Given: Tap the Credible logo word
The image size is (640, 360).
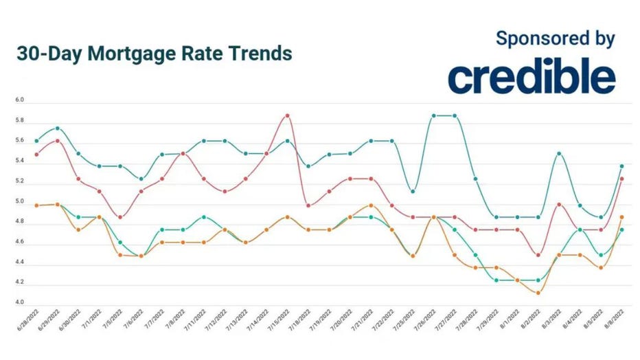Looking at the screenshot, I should (532, 78).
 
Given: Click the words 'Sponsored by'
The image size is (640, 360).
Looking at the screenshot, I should (555, 38).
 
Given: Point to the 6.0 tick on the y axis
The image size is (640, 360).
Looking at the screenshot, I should (19, 100).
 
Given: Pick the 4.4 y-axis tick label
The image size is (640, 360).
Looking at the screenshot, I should (19, 262).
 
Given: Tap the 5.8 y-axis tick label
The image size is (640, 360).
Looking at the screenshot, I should (19, 121).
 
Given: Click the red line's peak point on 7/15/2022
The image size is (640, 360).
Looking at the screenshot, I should (287, 115).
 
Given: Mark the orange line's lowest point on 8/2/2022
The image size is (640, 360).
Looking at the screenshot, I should (538, 293).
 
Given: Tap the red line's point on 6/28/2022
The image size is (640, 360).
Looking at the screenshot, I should (36, 154).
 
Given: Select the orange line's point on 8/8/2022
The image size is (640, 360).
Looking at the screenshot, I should (621, 217).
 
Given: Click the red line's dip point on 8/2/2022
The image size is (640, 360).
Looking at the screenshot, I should (538, 255).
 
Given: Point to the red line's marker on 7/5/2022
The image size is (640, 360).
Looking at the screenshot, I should (120, 217).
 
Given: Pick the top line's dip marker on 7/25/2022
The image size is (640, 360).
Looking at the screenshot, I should (412, 192).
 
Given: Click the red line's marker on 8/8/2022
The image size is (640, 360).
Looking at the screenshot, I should (621, 179).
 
